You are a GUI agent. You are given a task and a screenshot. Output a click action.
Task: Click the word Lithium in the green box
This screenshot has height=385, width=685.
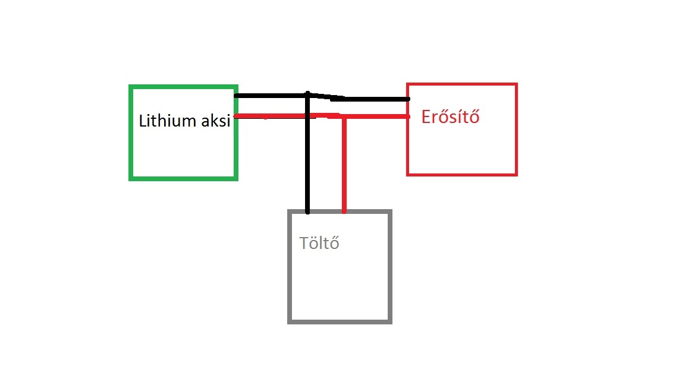click(x=167, y=121)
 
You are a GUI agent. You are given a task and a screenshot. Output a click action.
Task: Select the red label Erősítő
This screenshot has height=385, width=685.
click(x=450, y=117)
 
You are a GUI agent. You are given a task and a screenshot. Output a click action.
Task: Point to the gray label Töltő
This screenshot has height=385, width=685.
click(x=319, y=243)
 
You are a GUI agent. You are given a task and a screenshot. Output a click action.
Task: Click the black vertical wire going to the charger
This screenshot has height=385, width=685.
click(x=307, y=166)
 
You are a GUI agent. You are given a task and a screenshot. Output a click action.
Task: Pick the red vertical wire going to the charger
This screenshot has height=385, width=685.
click(x=344, y=166)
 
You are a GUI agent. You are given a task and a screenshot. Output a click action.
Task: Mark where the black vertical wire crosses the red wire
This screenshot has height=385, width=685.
click(x=307, y=116)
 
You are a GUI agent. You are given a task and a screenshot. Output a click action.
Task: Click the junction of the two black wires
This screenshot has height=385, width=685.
click(x=307, y=95)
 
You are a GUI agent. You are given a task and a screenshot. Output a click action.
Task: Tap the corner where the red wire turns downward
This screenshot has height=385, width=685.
click(x=344, y=117)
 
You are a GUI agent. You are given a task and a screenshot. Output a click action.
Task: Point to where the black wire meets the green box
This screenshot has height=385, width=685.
click(x=237, y=95)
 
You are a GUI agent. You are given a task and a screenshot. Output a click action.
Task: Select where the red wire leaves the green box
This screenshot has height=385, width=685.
click(x=237, y=116)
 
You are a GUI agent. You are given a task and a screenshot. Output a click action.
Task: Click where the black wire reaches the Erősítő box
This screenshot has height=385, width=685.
click(x=408, y=99)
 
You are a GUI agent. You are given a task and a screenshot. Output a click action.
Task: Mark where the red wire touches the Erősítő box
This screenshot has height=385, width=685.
click(x=408, y=117)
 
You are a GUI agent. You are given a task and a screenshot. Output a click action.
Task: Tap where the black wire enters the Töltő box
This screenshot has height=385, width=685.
click(x=307, y=211)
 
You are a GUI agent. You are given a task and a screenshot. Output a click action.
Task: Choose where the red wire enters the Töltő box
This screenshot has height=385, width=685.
click(x=344, y=211)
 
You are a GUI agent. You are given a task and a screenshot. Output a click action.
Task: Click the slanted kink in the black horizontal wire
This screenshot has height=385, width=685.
click(x=324, y=97)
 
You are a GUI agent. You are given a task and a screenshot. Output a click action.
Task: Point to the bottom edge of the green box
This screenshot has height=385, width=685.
click(x=183, y=178)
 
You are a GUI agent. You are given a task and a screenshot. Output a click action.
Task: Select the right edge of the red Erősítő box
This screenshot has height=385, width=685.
click(x=516, y=130)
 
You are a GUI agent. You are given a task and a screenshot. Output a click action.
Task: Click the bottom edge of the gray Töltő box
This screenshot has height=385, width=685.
click(x=340, y=321)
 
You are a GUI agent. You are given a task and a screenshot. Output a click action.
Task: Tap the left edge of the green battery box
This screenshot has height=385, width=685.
click(x=131, y=132)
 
